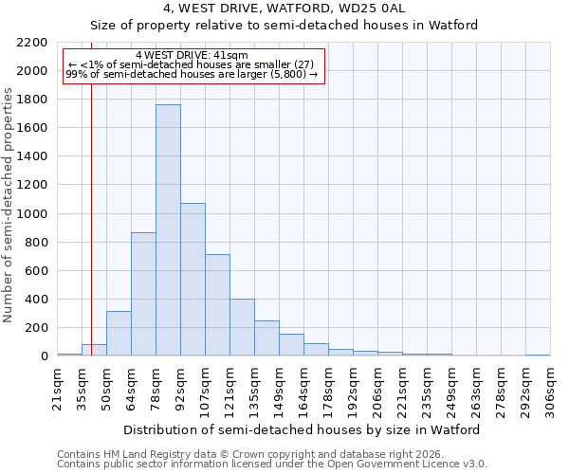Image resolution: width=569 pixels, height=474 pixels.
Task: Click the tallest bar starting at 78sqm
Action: coord(168,230)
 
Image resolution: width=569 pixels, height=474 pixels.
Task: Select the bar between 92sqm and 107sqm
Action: coord(193,280)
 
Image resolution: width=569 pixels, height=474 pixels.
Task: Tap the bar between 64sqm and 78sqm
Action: coord(143,294)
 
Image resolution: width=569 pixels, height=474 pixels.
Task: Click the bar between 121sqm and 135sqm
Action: coord(242,327)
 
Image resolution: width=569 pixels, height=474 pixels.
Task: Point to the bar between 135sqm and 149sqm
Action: coord(266,338)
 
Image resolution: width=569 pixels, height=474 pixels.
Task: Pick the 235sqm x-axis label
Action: coord(427,390)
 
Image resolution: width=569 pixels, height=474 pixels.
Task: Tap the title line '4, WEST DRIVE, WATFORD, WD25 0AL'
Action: coord(284,9)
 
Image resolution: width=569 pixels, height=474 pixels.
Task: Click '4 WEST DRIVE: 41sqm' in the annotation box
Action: coord(193,55)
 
